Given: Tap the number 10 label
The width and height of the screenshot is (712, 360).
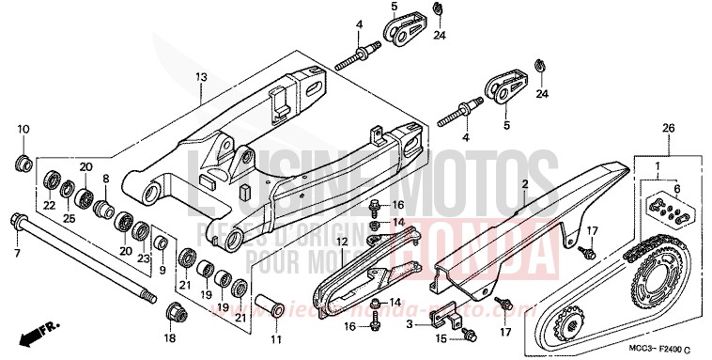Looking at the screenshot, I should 23,129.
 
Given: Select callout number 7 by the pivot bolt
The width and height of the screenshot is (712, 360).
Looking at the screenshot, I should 16,253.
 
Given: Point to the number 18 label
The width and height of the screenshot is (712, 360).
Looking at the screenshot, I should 170,337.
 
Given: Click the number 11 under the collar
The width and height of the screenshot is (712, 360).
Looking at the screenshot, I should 275,337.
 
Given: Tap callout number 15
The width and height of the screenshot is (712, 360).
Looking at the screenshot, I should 440,337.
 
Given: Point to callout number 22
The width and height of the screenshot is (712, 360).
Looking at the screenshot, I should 50,206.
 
